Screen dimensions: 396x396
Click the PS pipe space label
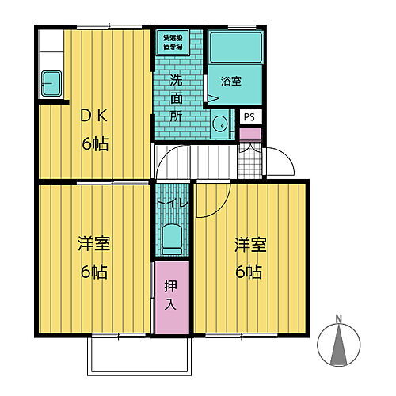(x=249, y=117)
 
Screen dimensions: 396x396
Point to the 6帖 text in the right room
(x=249, y=272)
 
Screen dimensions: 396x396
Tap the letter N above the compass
(x=339, y=320)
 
